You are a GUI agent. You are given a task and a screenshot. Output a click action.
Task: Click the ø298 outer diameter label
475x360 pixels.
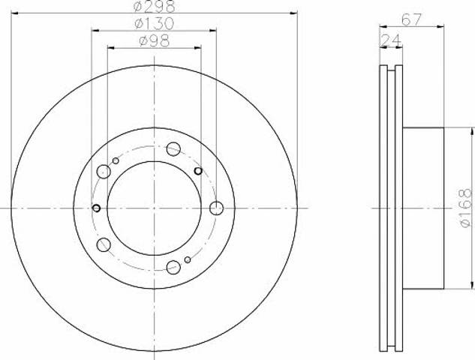(x=154, y=6)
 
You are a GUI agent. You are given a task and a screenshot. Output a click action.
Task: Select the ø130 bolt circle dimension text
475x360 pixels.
(x=154, y=23)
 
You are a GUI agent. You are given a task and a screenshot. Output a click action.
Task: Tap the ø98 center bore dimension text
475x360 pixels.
(x=154, y=40)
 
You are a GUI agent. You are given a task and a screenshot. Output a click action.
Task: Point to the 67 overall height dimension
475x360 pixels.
(x=411, y=20)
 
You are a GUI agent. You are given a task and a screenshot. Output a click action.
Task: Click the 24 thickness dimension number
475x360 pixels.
(x=391, y=40)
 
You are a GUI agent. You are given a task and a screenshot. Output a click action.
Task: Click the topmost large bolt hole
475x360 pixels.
(x=173, y=148)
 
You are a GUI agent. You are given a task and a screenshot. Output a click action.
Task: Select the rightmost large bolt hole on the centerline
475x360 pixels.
(x=217, y=208)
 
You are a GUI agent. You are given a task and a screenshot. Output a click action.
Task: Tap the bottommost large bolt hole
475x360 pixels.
(x=173, y=267)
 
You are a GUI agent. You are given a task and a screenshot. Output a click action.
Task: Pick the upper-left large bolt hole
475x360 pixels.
(x=104, y=172)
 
